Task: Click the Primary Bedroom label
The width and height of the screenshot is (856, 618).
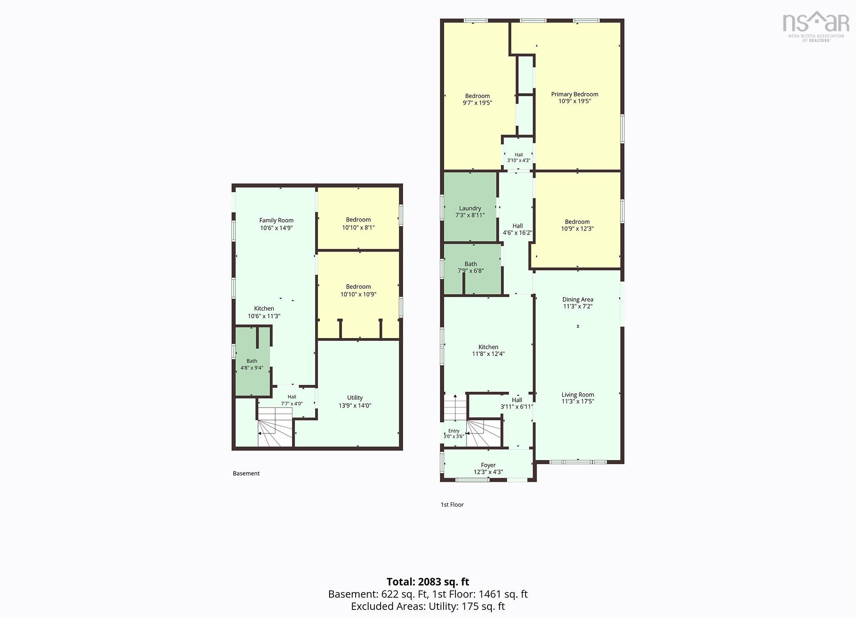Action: [574, 94]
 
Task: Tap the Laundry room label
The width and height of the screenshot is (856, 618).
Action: [470, 208]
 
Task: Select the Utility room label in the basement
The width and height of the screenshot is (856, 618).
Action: [355, 398]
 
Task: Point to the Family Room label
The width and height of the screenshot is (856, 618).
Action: [276, 220]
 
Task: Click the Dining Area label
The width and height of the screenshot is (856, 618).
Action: [577, 300]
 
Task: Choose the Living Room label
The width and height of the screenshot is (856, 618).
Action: [577, 395]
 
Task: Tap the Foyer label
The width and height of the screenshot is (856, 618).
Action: [488, 465]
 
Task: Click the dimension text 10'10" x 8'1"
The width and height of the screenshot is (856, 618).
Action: [358, 228]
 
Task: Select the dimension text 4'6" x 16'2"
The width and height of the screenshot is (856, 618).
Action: [517, 233]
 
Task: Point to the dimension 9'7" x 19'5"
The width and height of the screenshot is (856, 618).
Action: [477, 103]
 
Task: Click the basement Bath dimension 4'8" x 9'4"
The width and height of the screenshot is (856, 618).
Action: [252, 368]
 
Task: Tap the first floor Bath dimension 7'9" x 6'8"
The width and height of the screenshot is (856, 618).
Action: [470, 270]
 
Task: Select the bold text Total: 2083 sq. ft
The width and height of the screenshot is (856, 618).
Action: [428, 582]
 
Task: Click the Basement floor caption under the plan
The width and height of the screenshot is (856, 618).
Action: [246, 473]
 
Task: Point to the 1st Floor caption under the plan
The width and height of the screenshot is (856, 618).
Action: [452, 505]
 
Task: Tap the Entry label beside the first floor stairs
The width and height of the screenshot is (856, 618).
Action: [454, 431]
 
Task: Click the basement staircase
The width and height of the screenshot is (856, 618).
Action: [275, 427]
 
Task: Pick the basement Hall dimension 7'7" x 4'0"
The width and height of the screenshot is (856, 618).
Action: [291, 404]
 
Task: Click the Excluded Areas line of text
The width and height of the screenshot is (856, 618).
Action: [428, 606]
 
